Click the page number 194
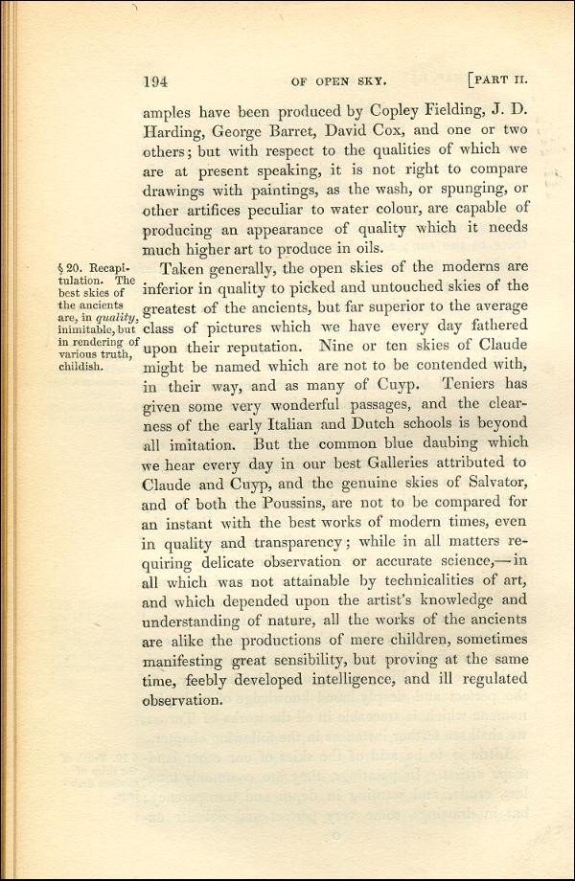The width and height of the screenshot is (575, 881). coord(156,81)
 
